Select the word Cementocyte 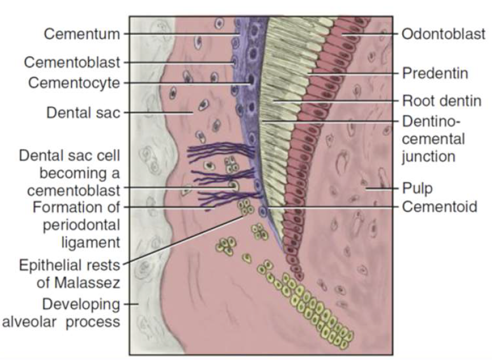(76, 83)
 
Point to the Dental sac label (83, 112)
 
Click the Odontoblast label (444, 34)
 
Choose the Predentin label (435, 73)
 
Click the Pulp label (415, 188)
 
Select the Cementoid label (439, 206)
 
